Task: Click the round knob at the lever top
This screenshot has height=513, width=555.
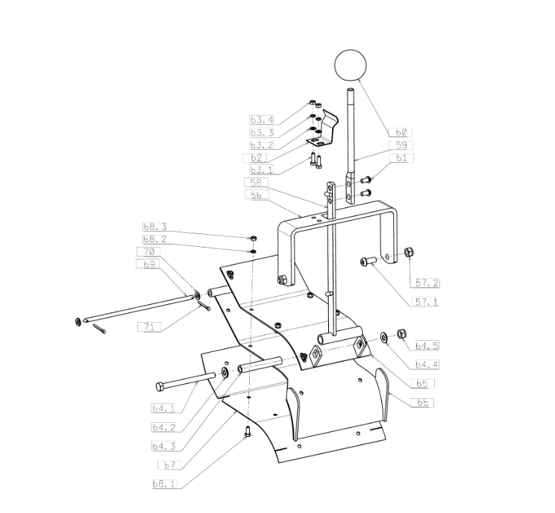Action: pos(350,65)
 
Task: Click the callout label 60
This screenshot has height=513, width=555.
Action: pos(401,132)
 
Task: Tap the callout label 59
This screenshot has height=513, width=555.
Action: pos(401,145)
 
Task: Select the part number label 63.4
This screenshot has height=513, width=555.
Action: pos(261,119)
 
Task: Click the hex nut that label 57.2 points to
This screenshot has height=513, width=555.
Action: pos(410,252)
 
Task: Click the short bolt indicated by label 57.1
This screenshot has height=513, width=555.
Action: pos(368,262)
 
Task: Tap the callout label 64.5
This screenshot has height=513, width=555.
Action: pos(427,346)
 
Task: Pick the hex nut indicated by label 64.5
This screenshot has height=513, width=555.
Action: pos(401,333)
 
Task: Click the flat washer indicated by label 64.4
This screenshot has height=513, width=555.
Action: pos(384,337)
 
